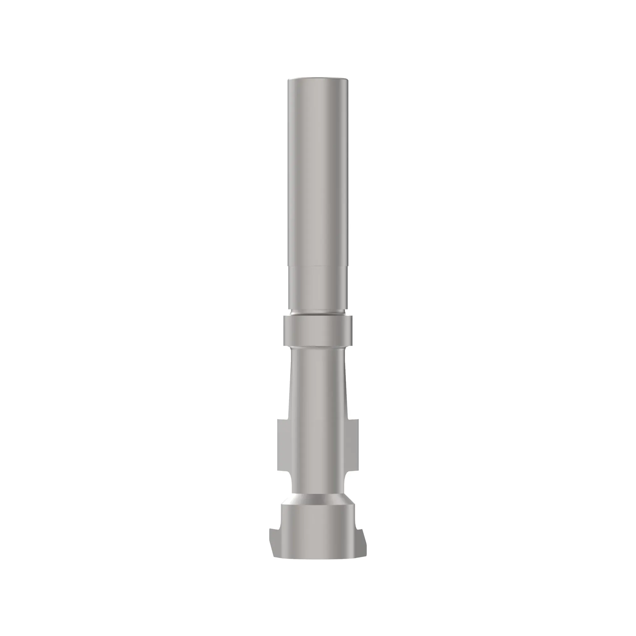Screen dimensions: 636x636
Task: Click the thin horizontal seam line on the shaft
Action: click(318, 266)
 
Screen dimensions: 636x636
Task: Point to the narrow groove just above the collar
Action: click(318, 313)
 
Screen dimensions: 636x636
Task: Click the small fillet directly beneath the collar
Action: click(318, 348)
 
